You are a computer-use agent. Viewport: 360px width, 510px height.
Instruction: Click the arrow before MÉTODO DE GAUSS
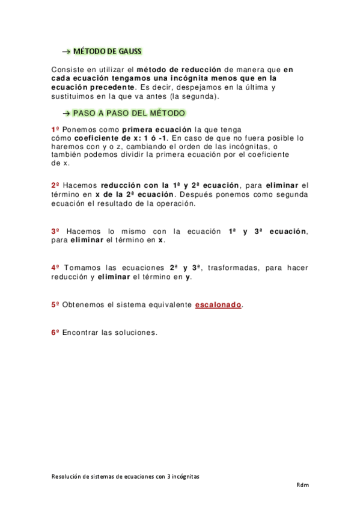click(x=67, y=52)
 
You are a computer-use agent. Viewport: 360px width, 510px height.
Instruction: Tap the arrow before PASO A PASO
click(x=67, y=113)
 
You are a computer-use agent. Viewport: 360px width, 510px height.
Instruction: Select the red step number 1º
click(x=55, y=129)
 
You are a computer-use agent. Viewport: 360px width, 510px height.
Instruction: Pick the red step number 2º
click(x=55, y=185)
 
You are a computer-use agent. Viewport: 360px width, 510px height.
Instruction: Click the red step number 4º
click(x=55, y=268)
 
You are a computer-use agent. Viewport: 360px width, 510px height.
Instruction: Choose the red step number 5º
click(x=55, y=305)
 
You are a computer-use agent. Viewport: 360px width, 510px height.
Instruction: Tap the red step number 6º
click(x=55, y=332)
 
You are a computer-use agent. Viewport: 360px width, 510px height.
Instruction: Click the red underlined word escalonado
click(x=218, y=305)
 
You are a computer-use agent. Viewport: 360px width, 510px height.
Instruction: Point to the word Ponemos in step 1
click(x=78, y=129)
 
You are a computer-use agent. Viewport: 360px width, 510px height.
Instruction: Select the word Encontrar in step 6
click(x=80, y=332)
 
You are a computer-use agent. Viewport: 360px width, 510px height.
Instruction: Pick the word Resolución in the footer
click(x=66, y=476)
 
